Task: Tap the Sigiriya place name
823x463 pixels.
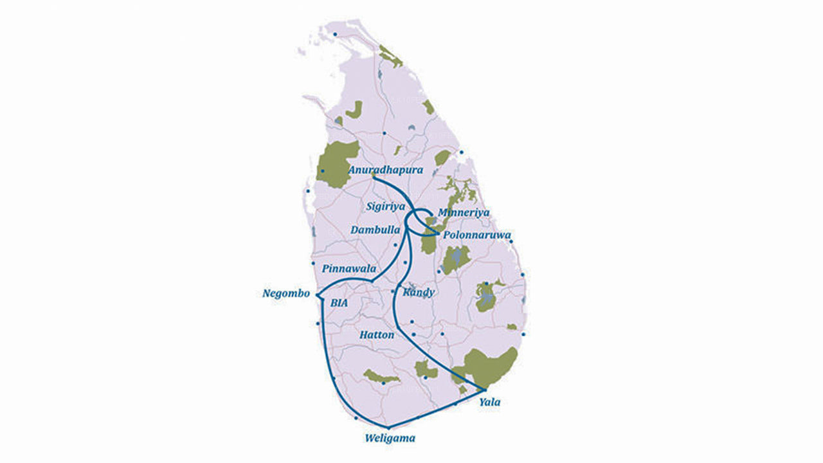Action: [x=384, y=207]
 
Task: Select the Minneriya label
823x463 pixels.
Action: [x=463, y=213]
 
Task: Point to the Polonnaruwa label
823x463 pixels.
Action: [x=476, y=236]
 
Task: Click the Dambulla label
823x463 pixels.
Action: [x=375, y=230]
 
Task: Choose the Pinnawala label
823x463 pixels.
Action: [x=349, y=268]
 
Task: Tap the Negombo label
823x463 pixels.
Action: [x=286, y=294]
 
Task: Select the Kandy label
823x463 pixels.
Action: [x=419, y=293]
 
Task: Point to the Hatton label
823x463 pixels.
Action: [x=377, y=335]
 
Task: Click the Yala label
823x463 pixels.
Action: [x=489, y=403]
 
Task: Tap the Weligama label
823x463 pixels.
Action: [x=390, y=439]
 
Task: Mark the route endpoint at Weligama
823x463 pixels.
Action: [x=388, y=427]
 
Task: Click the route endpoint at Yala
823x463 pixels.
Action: [x=484, y=390]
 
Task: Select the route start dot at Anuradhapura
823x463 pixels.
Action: [x=374, y=177]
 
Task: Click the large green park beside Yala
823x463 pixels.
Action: [x=491, y=367]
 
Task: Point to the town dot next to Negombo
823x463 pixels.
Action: [x=318, y=295]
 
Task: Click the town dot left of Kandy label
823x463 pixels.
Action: [x=393, y=291]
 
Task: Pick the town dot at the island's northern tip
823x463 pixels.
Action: [x=334, y=34]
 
